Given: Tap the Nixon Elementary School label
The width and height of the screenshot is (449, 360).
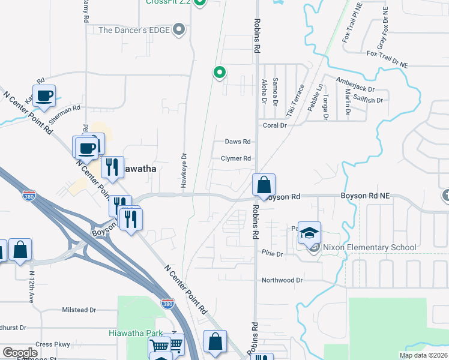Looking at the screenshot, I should (x=370, y=247).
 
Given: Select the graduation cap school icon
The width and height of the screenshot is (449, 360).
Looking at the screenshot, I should (x=309, y=233).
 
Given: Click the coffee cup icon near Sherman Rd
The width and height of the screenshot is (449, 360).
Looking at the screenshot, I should (x=44, y=96).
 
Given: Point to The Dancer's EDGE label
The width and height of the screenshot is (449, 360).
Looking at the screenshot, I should (x=135, y=29).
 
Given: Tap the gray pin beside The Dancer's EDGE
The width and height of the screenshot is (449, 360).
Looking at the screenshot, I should (x=178, y=29).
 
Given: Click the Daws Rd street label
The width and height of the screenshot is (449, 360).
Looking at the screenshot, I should (x=238, y=142).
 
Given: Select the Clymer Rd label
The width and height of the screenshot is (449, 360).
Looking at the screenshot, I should (x=235, y=158).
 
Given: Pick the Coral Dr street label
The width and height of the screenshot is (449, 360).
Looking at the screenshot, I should (x=276, y=125).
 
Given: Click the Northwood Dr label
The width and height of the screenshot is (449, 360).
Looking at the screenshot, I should (x=282, y=280).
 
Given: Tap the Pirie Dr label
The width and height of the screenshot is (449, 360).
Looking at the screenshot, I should (x=272, y=254).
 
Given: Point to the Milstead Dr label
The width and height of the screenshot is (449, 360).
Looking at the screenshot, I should (x=79, y=310).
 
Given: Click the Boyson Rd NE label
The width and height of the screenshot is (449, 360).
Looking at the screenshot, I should (x=366, y=196).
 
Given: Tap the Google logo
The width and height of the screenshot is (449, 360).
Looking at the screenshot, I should (x=20, y=352).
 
